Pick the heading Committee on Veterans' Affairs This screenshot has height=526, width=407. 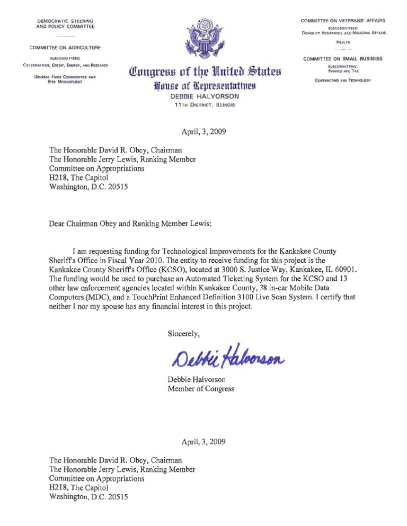(343, 21)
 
